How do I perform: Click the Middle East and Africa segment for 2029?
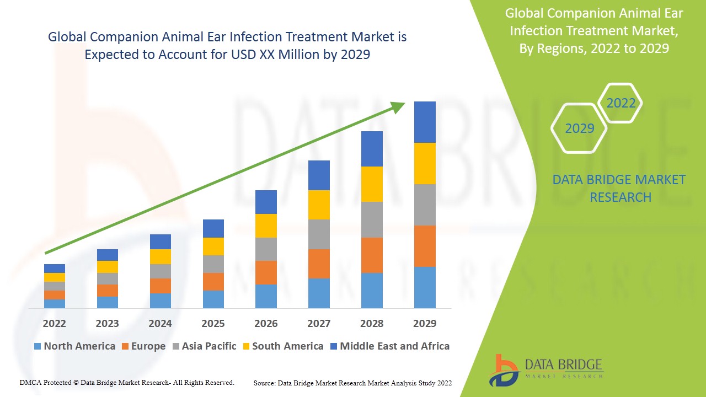(425, 122)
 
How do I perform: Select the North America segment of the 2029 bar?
(425, 287)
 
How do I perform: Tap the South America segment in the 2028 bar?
(372, 184)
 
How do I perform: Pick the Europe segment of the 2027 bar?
(319, 264)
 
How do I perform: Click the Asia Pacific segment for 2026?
(266, 249)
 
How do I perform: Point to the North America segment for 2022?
(55, 303)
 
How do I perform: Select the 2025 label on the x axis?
(213, 323)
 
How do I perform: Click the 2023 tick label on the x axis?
(107, 323)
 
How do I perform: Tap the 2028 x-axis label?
(372, 323)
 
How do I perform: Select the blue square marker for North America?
(38, 346)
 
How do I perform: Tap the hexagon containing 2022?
(621, 103)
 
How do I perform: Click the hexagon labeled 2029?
(579, 128)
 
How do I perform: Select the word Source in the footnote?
(264, 383)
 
